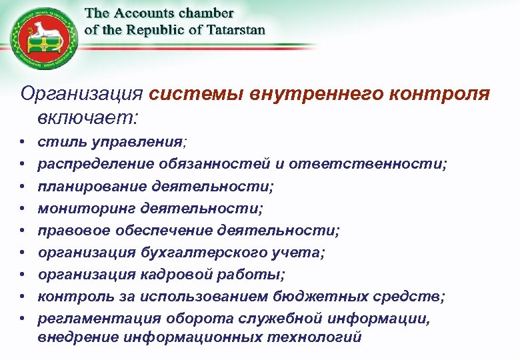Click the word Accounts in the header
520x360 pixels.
click(145, 13)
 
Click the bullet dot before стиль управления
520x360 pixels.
click(23, 143)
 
